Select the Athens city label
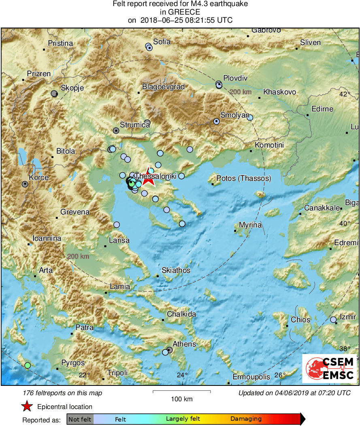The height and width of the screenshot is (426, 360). point(184,344)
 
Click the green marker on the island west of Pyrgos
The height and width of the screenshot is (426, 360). point(28,365)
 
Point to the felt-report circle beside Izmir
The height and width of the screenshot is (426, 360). point(333,320)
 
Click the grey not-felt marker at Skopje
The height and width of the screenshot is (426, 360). point(54,94)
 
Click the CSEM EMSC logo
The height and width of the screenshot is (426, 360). point(330,368)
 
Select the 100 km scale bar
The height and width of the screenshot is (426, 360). point(181,392)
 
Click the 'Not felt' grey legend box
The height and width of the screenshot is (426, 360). point(80,419)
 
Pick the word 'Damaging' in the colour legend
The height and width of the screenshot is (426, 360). point(246,419)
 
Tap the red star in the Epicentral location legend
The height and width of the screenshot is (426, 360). point(27,406)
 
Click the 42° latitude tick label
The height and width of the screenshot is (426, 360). point(345,94)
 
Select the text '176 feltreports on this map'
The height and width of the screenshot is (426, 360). point(63,393)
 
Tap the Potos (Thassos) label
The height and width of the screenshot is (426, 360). point(244,178)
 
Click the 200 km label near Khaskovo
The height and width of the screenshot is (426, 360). point(241,92)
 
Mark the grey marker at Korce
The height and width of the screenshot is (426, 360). point(25,184)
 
